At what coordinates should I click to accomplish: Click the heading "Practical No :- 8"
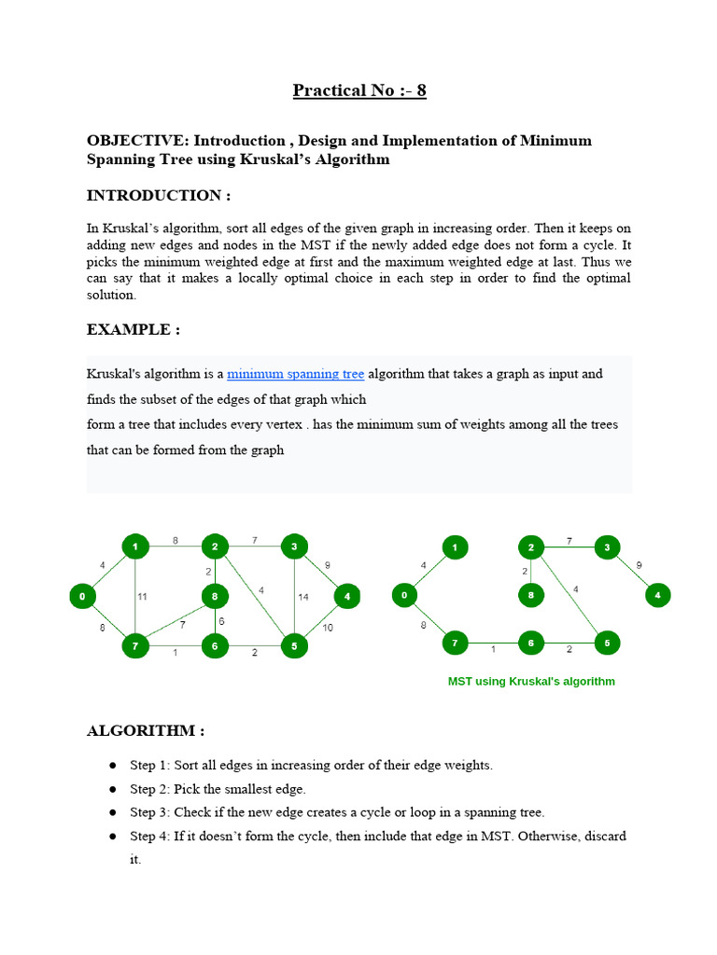click(359, 90)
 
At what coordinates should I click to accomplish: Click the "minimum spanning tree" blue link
click(295, 374)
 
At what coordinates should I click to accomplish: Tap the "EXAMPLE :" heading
click(133, 329)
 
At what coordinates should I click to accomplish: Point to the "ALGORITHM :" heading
click(145, 731)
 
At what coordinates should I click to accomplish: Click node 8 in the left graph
click(215, 595)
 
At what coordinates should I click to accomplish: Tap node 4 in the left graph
click(347, 595)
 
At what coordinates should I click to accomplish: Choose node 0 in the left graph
click(83, 595)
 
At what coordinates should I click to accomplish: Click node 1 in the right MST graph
click(455, 547)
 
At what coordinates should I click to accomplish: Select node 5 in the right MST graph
click(607, 643)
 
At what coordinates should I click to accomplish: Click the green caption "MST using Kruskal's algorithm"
click(531, 682)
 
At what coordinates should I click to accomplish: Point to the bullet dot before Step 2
click(112, 789)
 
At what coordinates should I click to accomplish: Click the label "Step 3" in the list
click(148, 812)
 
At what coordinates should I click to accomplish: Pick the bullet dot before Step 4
click(112, 837)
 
